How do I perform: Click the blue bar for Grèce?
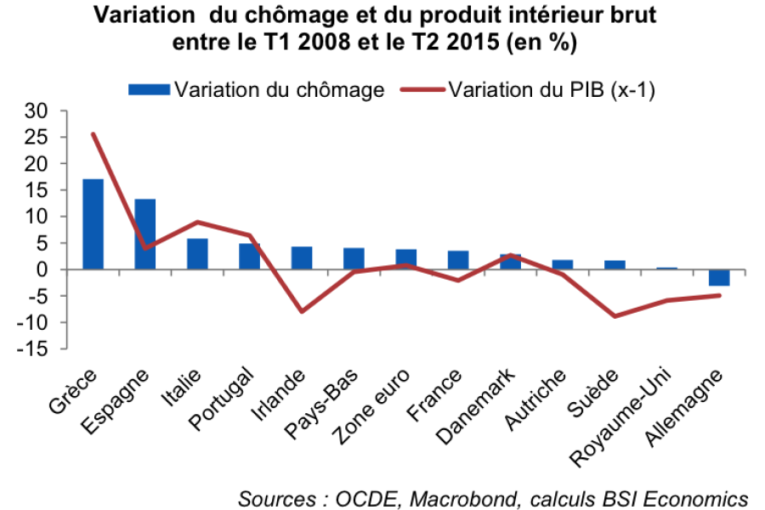tap(93, 224)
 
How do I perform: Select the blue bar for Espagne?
tap(145, 234)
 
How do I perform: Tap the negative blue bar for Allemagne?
tap(720, 277)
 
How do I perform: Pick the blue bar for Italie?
tap(197, 254)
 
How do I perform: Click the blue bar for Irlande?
tap(302, 258)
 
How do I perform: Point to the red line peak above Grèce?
tap(93, 133)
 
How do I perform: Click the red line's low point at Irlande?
tap(302, 312)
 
